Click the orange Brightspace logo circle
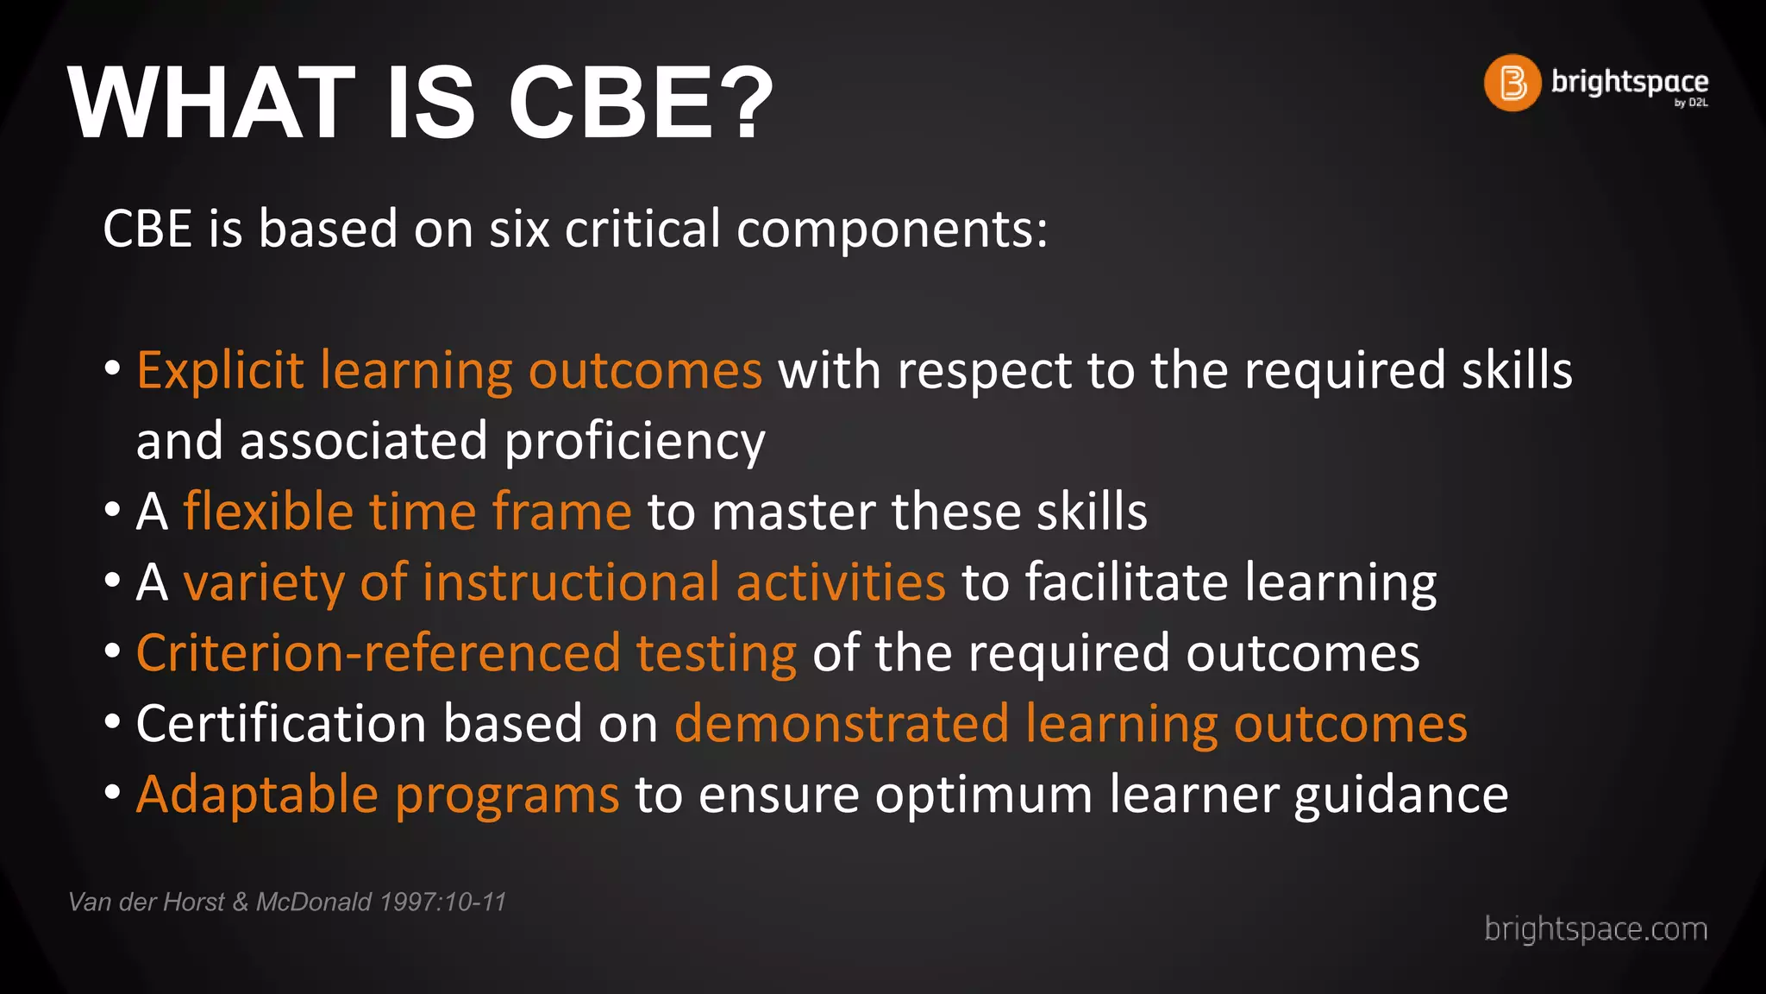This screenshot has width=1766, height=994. click(1512, 83)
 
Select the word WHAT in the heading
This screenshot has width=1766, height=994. click(211, 104)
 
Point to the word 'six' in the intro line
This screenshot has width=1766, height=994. click(519, 230)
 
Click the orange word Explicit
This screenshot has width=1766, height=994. click(220, 371)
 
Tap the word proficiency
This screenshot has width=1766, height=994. click(635, 442)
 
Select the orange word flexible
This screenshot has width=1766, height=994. click(268, 512)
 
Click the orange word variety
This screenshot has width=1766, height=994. click(264, 583)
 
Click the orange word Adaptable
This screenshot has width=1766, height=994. click(257, 794)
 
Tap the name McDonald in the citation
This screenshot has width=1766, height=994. click(314, 903)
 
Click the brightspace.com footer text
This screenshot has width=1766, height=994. click(1595, 929)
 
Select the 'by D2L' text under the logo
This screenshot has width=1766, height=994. click(1691, 103)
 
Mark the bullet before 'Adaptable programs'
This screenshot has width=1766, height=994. click(112, 791)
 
